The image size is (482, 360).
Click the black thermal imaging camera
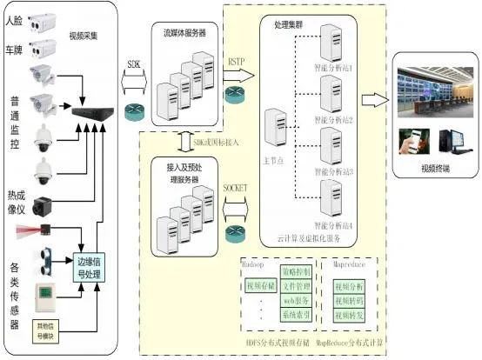44,205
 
